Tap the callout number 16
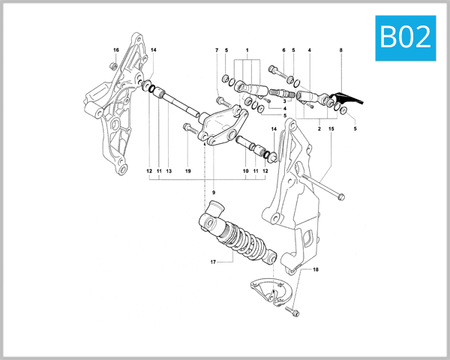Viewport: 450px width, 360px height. coord(115,50)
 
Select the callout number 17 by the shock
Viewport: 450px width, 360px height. coord(213,262)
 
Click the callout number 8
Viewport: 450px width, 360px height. coord(341,50)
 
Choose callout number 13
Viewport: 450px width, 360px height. coord(169,171)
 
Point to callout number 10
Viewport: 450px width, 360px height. coord(244,171)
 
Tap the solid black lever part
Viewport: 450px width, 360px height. coord(346,97)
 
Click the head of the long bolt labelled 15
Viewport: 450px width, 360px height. coord(341,198)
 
